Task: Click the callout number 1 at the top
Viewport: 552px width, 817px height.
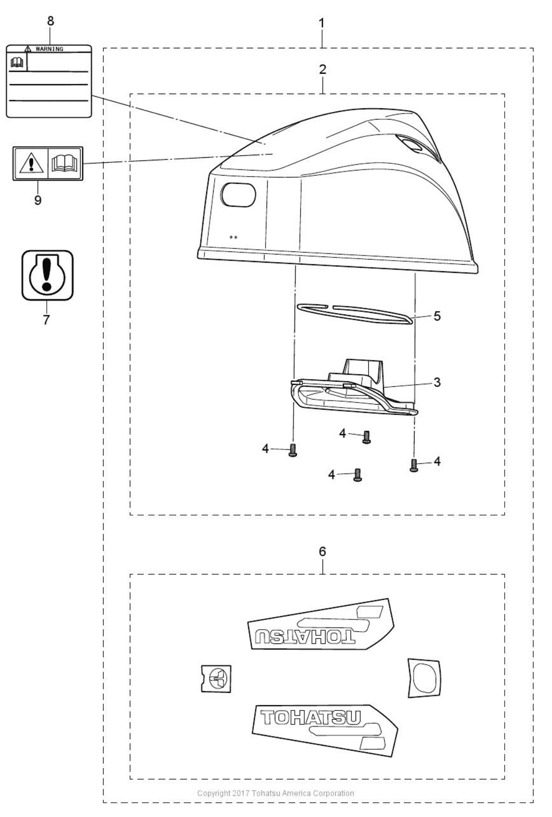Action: [321, 23]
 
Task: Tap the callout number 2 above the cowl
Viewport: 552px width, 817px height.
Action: [323, 69]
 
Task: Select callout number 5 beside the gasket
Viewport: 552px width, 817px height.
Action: [437, 316]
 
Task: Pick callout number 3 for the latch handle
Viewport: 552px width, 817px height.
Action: [437, 382]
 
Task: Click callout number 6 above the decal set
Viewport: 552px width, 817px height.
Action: [323, 551]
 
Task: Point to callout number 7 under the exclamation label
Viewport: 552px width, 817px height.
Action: [46, 320]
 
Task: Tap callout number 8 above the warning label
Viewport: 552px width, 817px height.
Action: [51, 21]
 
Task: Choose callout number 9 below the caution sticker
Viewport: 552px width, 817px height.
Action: [38, 200]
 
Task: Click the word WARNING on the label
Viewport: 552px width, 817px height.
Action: [49, 49]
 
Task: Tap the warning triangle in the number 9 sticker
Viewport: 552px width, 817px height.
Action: [32, 163]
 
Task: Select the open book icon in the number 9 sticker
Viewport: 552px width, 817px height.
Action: [65, 163]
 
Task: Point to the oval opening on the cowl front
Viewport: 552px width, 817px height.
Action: [238, 194]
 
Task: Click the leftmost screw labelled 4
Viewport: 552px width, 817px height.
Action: [293, 450]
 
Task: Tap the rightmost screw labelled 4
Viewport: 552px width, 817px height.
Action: [414, 466]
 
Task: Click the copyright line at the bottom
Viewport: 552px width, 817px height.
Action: [276, 793]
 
